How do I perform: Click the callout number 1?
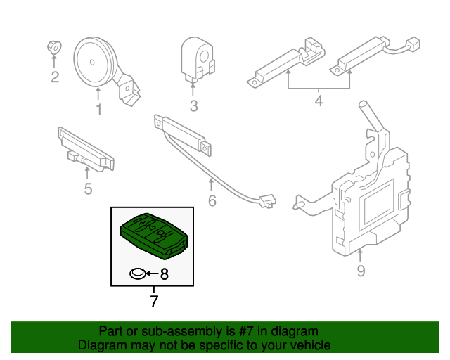98,109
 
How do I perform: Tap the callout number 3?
193,107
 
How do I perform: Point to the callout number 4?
318,101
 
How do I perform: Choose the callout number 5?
88,188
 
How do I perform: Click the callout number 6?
212,202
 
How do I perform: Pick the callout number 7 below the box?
153,302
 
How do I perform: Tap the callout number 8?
165,274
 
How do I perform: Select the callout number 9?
361,270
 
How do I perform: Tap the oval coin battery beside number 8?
138,274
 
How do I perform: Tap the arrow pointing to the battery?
151,274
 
